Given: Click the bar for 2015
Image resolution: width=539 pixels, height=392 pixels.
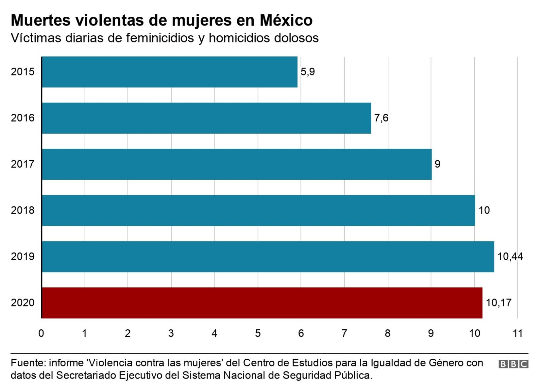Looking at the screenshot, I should coord(169,72).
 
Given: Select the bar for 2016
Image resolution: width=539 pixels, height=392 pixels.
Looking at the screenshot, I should coord(206,118).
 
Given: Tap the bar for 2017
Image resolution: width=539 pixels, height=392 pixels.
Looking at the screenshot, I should coord(236,164).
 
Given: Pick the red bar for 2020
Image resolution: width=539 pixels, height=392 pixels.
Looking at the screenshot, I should coord(262,302).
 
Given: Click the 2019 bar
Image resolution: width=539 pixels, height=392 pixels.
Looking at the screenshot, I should coord(268,256).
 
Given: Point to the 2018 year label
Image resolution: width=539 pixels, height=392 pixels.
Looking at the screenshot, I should coord(23,210).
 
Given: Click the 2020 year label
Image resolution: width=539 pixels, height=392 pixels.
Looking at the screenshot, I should coord(23,302).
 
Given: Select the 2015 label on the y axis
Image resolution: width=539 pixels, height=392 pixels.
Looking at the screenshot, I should coord(23,72).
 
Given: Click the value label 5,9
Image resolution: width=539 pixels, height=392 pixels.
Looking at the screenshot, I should coord(308,72).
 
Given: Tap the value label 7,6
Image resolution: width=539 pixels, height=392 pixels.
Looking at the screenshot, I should coord(381,118).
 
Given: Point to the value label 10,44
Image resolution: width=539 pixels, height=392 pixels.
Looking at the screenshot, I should coord(510,256).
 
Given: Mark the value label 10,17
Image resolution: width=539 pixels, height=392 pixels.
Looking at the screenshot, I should coord(498,302).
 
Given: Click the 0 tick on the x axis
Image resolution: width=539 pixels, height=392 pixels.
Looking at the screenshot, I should coord(41,333).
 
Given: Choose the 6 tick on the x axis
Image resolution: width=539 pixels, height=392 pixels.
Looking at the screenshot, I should coord(301,333).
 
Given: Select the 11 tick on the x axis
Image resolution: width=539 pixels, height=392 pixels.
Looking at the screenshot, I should coord(517,333).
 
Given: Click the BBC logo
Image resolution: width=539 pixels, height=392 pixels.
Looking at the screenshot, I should coord(513,364).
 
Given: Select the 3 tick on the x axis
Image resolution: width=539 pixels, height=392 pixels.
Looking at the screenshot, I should coord(171,333).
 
